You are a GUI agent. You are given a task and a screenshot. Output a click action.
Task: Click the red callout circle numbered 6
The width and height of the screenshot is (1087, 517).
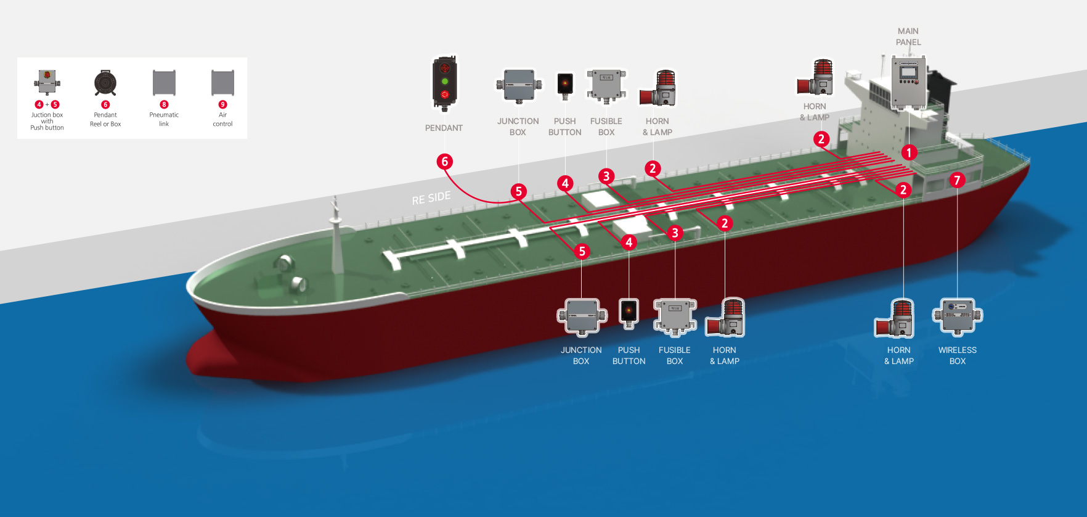coord(445,162)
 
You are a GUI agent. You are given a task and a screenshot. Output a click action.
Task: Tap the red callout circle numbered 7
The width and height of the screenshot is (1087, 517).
coord(956,180)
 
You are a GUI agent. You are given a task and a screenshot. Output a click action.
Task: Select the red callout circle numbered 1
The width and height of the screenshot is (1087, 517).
coord(909,152)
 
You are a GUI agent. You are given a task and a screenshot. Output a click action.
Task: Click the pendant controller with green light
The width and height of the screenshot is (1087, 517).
coord(444,83)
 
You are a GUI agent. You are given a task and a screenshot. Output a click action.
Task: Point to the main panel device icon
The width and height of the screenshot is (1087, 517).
coord(908,82)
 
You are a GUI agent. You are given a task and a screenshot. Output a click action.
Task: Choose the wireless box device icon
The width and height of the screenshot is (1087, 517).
coord(958,317)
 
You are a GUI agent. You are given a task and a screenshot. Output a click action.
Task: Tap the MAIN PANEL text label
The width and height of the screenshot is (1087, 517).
coord(908,36)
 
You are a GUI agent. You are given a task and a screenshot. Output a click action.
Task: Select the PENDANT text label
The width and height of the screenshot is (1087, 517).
coord(444,128)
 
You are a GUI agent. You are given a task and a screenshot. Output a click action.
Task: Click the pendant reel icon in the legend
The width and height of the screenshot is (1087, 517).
coord(105,83)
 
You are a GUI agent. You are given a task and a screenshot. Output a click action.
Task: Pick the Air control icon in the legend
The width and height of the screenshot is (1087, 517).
coord(222,83)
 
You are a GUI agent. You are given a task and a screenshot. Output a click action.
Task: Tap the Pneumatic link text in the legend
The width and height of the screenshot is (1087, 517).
coord(164,119)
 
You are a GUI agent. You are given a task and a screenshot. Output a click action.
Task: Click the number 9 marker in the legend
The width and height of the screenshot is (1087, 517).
coord(223,105)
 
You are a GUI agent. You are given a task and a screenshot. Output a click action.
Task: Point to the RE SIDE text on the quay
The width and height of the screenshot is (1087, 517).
coord(431,198)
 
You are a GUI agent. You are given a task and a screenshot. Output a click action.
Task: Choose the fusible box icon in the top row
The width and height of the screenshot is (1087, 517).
coord(606,85)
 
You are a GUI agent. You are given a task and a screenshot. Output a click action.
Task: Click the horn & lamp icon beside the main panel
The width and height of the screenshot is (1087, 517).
coord(816,78)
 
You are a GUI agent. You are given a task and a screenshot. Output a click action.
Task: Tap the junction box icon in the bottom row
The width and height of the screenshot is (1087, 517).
coord(582,317)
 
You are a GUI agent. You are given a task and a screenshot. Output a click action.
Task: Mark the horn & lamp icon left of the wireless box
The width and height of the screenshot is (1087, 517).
coord(895,318)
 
